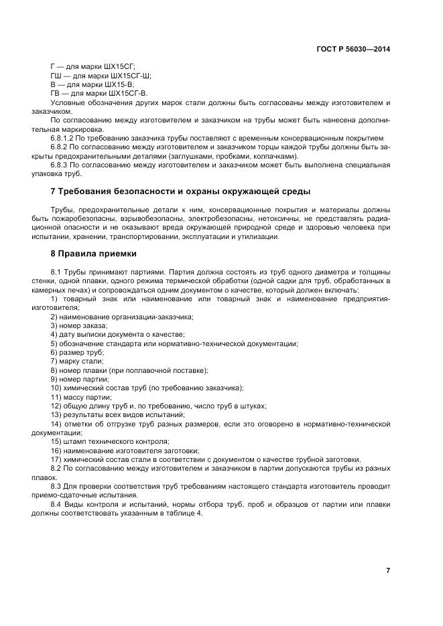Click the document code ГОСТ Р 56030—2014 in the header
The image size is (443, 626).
point(353,49)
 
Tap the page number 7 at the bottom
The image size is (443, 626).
point(388,570)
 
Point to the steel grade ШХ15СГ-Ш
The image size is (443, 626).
point(131,76)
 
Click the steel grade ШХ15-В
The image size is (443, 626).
point(115,85)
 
